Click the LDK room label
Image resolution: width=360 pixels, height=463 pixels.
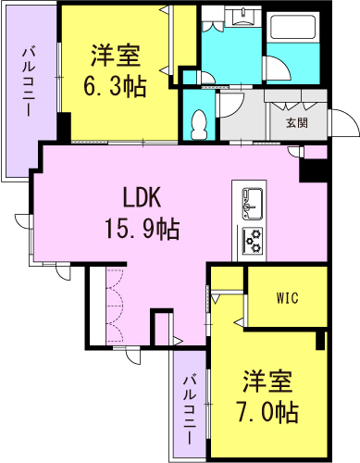click(x=143, y=197)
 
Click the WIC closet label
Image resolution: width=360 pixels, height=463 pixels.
click(x=287, y=298)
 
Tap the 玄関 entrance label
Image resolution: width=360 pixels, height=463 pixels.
click(x=296, y=122)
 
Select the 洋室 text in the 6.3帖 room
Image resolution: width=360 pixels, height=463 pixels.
click(x=116, y=56)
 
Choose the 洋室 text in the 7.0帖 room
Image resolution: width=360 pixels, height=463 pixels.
click(x=268, y=381)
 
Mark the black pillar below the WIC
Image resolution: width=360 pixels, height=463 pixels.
click(x=319, y=340)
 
